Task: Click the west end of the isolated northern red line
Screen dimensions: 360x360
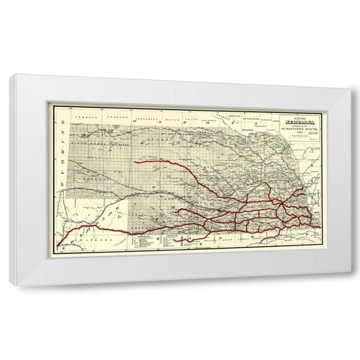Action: tap(136, 162)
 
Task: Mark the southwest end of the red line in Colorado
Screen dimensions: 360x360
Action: tap(59, 244)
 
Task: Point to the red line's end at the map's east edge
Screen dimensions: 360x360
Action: tap(317, 215)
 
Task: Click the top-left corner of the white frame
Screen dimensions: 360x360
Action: tap(11, 76)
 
